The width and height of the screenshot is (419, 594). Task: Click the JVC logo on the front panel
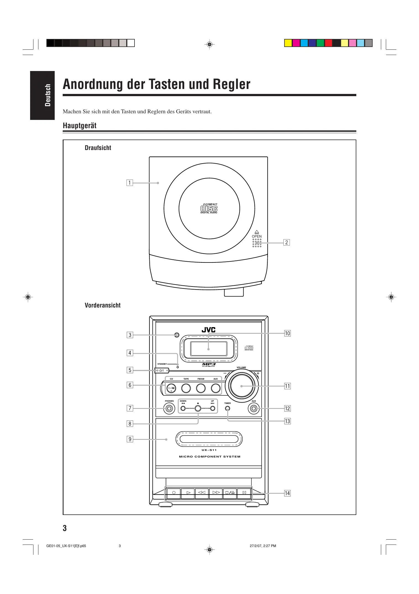209,330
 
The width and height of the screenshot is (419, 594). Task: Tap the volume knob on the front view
242,386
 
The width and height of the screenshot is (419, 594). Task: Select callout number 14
287,493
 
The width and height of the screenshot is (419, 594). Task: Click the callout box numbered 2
287,243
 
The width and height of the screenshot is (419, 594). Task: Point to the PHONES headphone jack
169,409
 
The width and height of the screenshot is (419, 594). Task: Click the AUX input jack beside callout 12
254,409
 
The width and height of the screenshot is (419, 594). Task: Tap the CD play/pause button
171,388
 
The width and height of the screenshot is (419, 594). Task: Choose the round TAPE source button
186,388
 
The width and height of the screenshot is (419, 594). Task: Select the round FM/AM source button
201,388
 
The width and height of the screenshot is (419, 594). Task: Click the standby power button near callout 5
162,370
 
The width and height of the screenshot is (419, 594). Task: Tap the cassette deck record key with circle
174,493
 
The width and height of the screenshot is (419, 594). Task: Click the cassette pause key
244,493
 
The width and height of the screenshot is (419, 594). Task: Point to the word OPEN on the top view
257,236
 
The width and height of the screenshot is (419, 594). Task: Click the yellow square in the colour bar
288,43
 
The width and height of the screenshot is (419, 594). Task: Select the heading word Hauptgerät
80,126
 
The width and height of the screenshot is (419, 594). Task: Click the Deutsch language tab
43,95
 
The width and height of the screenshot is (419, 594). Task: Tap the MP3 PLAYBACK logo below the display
209,365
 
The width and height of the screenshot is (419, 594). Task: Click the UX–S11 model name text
209,450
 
